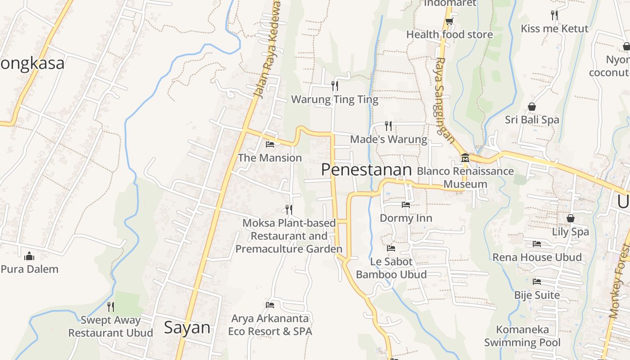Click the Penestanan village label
tap(367, 170)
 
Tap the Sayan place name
tap(187, 327)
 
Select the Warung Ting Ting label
tap(335, 99)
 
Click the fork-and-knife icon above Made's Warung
tap(388, 126)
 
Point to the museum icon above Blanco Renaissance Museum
tap(465, 158)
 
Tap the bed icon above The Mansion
tap(270, 144)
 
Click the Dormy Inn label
tap(406, 218)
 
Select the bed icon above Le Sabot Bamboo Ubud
tap(391, 248)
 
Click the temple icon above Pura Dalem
tap(29, 256)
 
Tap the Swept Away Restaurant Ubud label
tap(111, 327)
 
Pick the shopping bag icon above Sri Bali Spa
tap(532, 107)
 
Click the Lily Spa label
tap(571, 232)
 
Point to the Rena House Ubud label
tap(537, 257)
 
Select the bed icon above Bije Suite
tap(537, 282)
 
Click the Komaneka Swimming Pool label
tap(522, 336)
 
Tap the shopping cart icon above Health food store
tap(449, 21)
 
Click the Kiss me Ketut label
tap(554, 29)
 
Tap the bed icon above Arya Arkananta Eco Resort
tap(270, 305)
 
